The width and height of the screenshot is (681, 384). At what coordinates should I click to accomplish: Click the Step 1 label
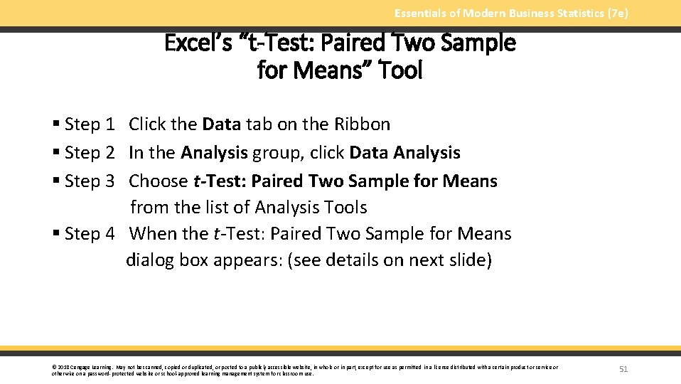[89, 124]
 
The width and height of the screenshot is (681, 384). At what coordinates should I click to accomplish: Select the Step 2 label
[89, 153]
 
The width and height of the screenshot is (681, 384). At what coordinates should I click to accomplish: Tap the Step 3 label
[89, 181]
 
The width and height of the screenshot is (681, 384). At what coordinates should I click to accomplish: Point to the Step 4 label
[89, 234]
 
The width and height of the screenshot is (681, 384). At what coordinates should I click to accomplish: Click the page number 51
[623, 369]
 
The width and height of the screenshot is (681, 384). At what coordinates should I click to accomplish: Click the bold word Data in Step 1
[222, 124]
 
